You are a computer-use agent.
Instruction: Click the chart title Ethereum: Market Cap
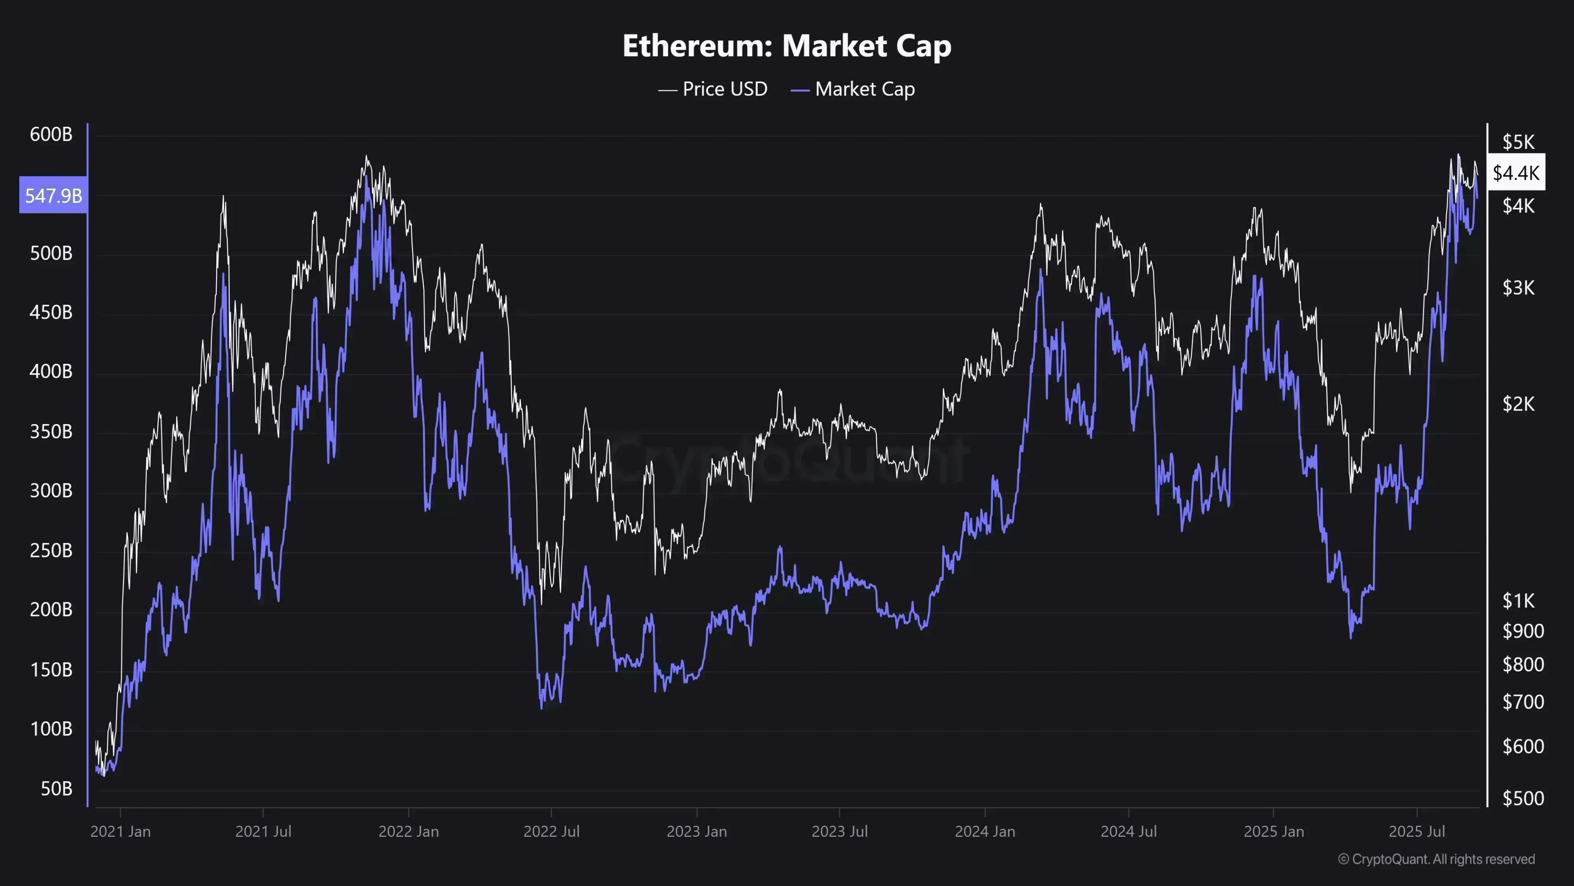click(787, 46)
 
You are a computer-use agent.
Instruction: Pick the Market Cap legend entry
click(853, 89)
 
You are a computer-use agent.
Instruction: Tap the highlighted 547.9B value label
click(53, 196)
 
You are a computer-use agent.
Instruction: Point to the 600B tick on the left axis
click(51, 135)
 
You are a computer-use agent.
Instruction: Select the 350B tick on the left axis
click(51, 432)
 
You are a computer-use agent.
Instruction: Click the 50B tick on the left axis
click(56, 789)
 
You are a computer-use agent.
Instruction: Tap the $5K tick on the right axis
click(1518, 142)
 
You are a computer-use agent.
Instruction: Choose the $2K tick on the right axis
click(1518, 404)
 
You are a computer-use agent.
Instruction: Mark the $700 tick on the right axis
click(1523, 702)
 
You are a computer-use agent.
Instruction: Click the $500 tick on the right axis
click(1523, 799)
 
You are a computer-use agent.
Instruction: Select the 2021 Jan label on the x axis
click(121, 831)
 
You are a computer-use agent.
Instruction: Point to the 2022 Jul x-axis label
click(551, 831)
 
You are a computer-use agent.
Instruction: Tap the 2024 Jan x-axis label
click(985, 831)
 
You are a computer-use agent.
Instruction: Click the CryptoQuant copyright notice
click(1436, 859)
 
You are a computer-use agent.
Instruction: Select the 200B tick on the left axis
click(51, 610)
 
